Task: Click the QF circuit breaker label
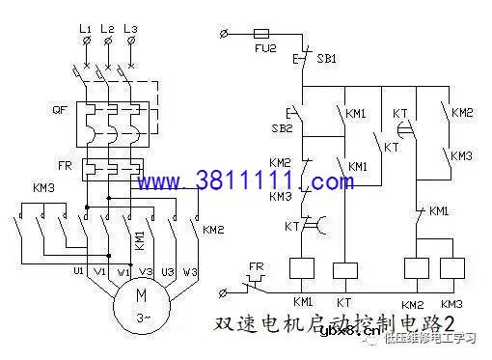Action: coord(60,109)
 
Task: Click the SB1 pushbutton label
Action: coord(327,59)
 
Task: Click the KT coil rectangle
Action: coord(345,268)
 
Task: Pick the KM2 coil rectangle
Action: coord(416,268)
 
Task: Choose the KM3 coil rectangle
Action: coord(451,268)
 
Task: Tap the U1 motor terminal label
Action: coord(79,272)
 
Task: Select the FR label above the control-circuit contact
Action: coord(257,264)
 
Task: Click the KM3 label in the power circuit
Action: coord(43,186)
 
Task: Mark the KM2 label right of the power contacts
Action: coord(213,229)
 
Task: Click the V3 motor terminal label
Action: coord(146,272)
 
